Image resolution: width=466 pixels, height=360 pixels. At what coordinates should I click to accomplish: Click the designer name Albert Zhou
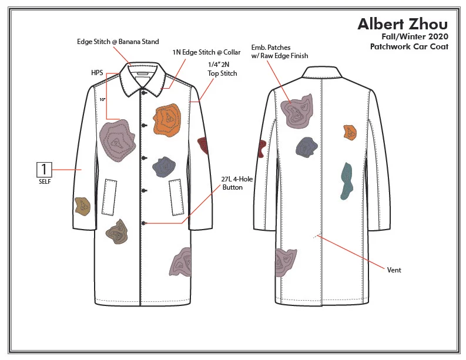pos(403,24)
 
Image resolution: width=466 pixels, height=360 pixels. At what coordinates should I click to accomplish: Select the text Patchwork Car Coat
pos(409,46)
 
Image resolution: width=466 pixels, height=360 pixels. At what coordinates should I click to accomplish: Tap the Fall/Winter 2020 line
pos(415,36)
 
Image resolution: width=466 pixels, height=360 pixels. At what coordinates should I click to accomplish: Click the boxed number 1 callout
pos(44,169)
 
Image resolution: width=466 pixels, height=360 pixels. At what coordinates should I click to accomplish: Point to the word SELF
pos(45,181)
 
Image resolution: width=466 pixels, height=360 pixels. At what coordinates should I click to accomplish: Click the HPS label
pos(97,73)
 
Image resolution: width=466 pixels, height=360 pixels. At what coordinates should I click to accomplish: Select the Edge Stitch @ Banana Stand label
pos(118,42)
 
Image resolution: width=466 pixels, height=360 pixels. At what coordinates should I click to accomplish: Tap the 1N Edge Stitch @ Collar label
pos(206,52)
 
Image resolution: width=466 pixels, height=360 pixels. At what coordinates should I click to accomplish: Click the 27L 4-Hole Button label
pos(237,183)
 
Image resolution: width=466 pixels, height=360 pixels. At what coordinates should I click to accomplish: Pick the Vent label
pos(394,270)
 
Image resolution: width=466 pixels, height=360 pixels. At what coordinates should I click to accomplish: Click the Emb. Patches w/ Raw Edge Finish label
pos(279,52)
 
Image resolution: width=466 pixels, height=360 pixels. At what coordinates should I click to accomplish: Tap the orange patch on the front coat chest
pos(167,120)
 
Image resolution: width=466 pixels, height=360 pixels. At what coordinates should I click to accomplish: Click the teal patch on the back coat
pos(347,181)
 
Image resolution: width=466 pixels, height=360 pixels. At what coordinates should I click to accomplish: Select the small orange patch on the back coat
pos(350,132)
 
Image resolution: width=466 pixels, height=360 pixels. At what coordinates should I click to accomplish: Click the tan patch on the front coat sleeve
pos(82,206)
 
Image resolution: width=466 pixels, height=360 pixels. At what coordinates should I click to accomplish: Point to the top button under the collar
pos(143,93)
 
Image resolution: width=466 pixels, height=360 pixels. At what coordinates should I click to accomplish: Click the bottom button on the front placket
pos(143,223)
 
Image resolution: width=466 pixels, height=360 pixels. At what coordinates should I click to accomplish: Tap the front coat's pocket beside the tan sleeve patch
pos(109,197)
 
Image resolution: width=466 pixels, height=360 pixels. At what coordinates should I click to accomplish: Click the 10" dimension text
pos(102,99)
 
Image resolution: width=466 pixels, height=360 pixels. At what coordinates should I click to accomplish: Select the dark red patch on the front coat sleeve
pos(203,145)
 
